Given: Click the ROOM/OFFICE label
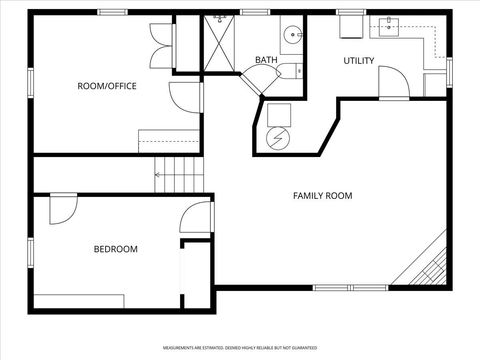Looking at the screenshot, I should pyautogui.click(x=107, y=86).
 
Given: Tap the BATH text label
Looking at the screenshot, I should pyautogui.click(x=266, y=60).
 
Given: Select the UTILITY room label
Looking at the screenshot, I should pyautogui.click(x=359, y=61).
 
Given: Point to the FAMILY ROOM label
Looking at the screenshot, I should pyautogui.click(x=322, y=196).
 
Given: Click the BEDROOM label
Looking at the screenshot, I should pyautogui.click(x=116, y=249).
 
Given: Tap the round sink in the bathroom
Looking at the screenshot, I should pyautogui.click(x=293, y=35).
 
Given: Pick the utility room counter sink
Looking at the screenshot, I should pyautogui.click(x=388, y=27).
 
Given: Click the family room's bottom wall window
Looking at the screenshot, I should pyautogui.click(x=350, y=288).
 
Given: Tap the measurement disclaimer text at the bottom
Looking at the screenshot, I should pyautogui.click(x=240, y=348).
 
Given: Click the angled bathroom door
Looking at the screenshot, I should pyautogui.click(x=254, y=85).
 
